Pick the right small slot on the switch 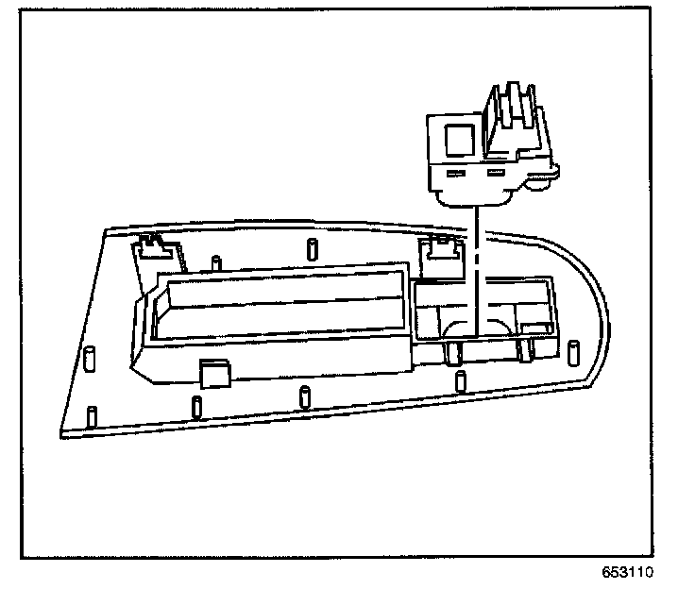coord(495,175)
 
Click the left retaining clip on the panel coord(152,247)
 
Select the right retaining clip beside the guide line coord(440,249)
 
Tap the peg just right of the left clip coord(216,261)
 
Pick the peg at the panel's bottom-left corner coord(91,415)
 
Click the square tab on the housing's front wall coord(213,372)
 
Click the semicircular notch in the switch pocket coord(463,328)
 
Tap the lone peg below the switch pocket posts coord(460,381)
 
